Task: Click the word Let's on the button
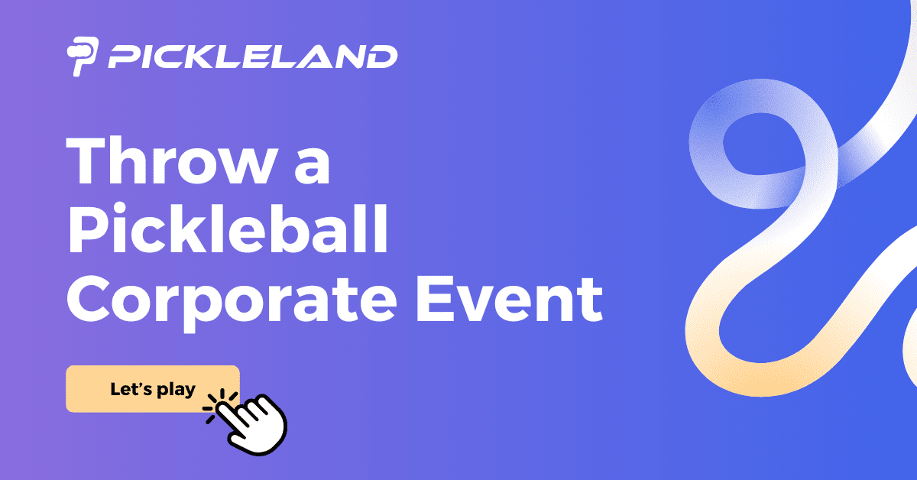pyautogui.click(x=132, y=389)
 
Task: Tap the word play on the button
pyautogui.click(x=176, y=391)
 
